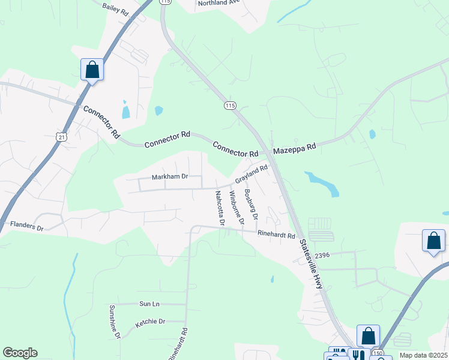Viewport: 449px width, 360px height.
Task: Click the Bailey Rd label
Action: point(116,8)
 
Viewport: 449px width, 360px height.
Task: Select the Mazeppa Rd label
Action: point(295,148)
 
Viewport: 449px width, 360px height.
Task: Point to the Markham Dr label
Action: point(170,177)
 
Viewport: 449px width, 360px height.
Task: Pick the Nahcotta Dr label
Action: point(219,208)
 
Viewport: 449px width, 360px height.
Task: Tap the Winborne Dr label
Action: point(238,208)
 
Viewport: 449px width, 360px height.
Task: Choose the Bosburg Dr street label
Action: point(251,205)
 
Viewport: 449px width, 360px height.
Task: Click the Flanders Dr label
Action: point(27,226)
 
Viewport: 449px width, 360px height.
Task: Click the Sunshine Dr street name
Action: point(115,322)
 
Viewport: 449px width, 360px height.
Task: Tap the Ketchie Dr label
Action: point(150,322)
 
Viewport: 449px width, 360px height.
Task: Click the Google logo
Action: point(20,353)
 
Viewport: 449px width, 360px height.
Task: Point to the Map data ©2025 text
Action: point(423,355)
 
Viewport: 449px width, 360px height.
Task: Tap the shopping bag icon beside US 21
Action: point(92,70)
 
